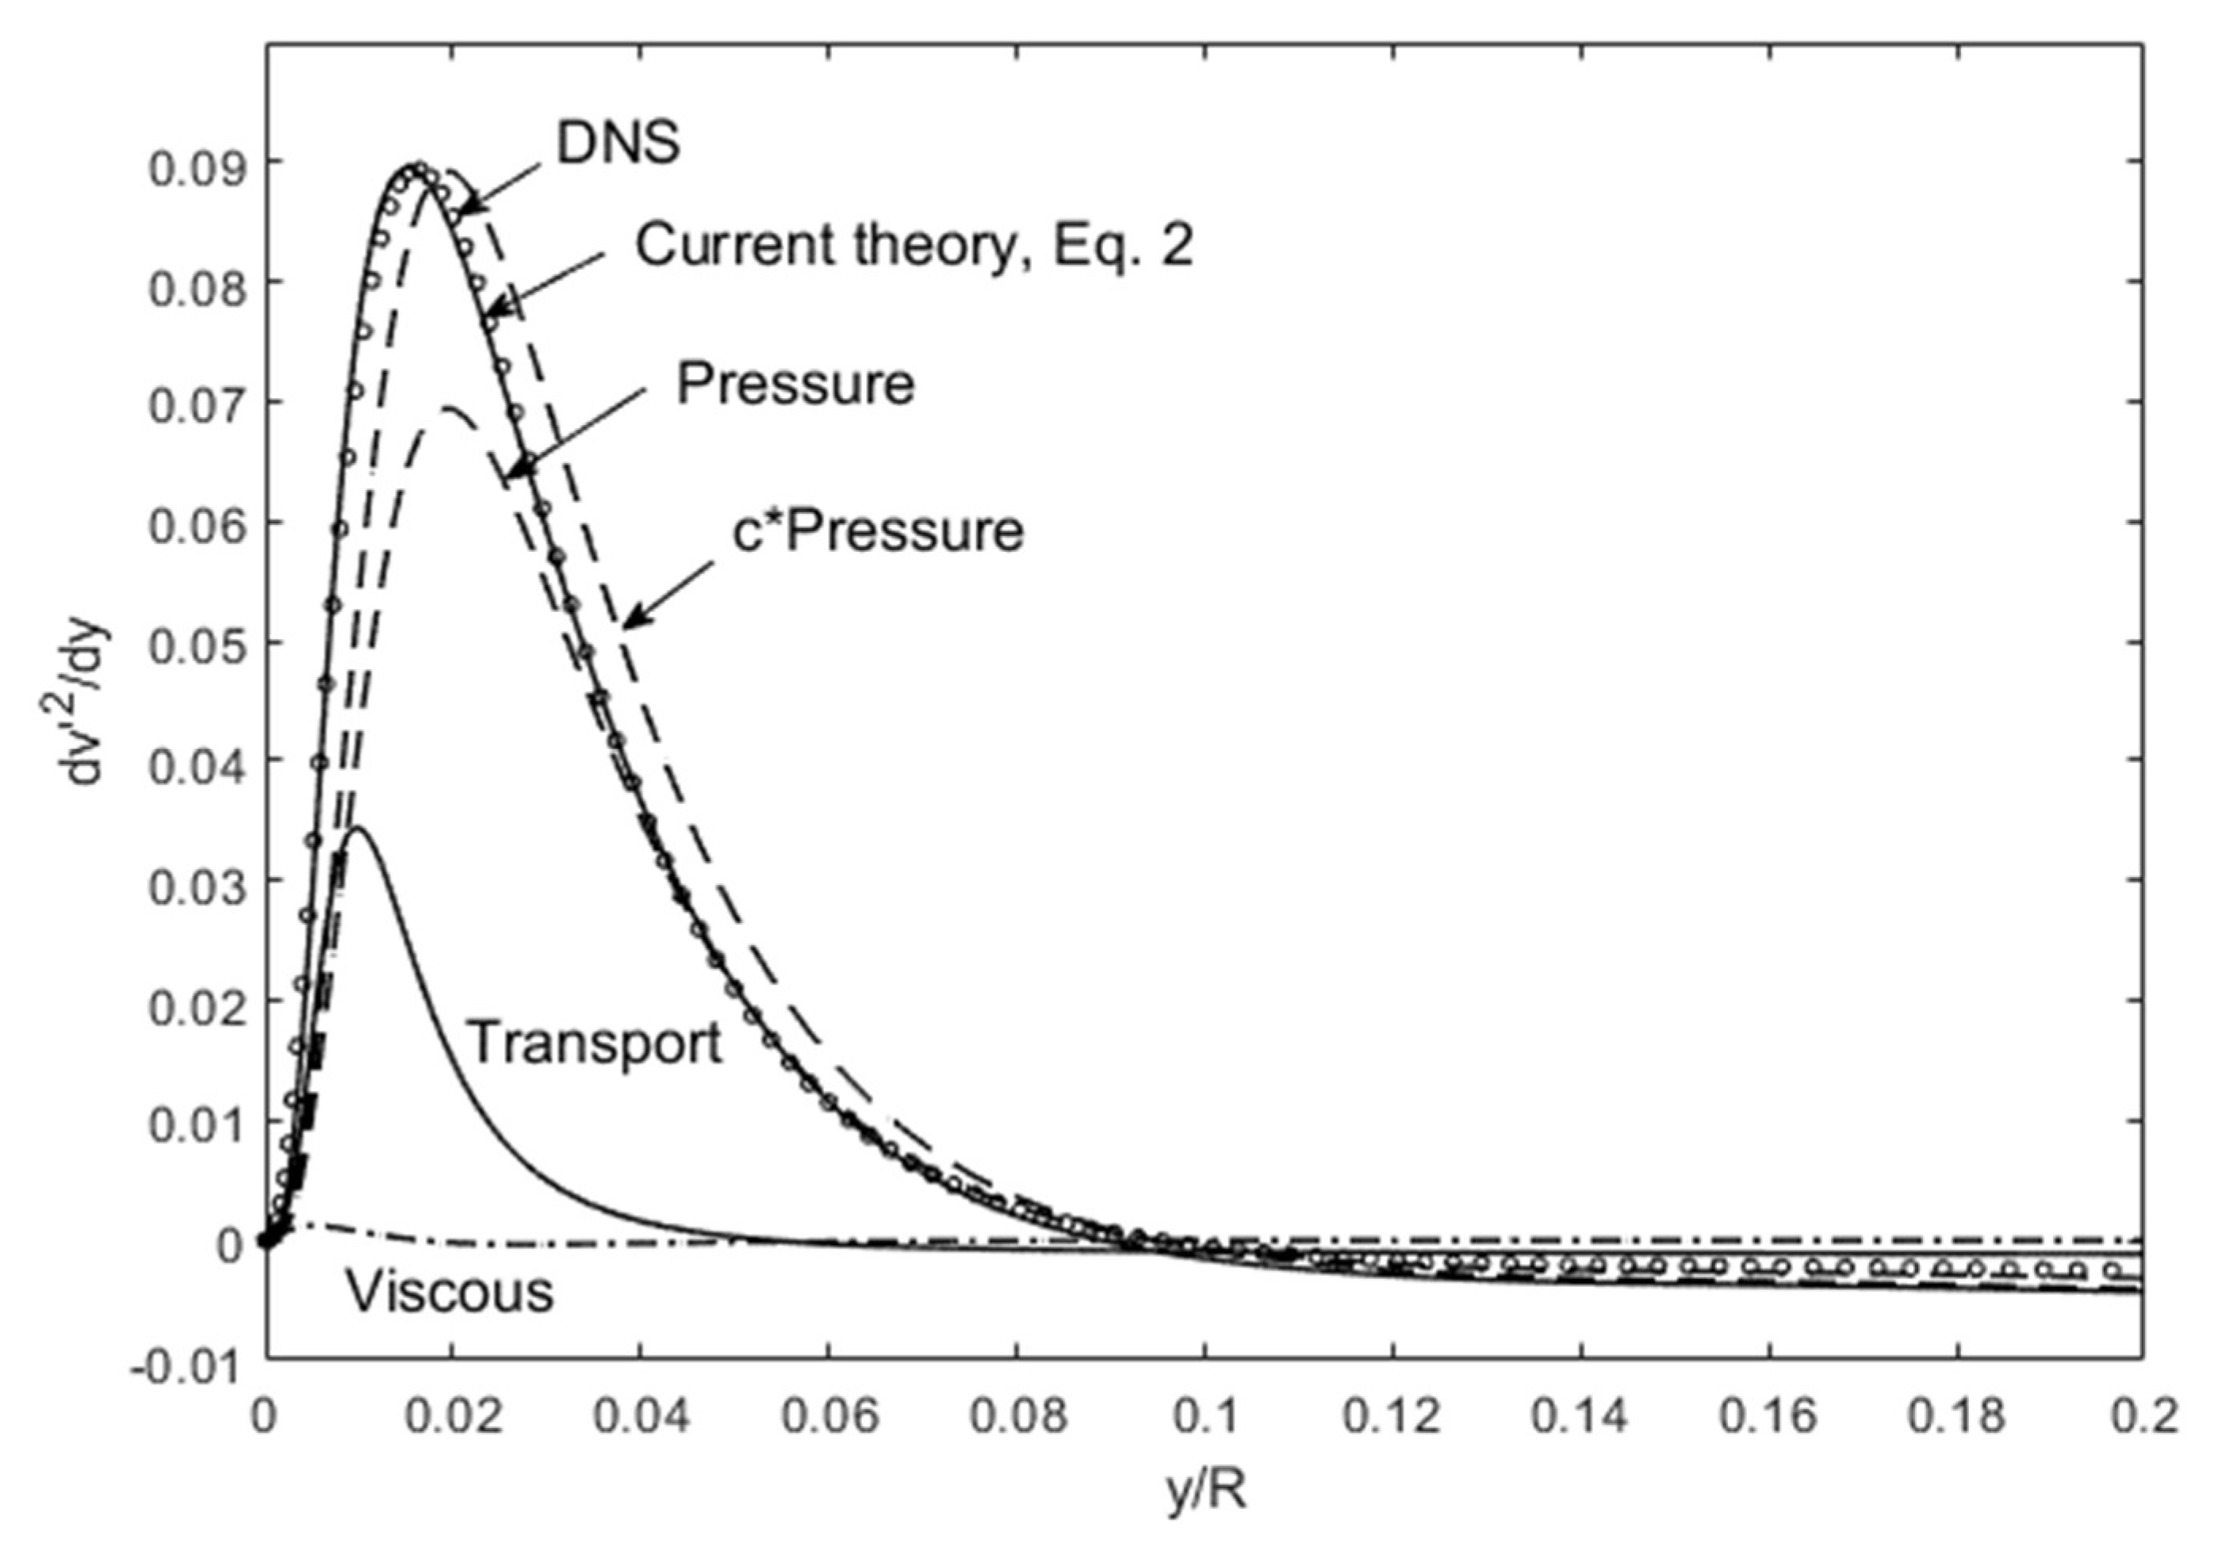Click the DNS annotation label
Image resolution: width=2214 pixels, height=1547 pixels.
(x=618, y=143)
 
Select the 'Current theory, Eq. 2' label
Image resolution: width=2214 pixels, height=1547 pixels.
(x=914, y=246)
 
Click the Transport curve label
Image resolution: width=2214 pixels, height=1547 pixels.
(x=595, y=1043)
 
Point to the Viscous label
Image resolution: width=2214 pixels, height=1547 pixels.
(x=450, y=1292)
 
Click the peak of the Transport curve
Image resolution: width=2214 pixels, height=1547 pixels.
(x=358, y=828)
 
